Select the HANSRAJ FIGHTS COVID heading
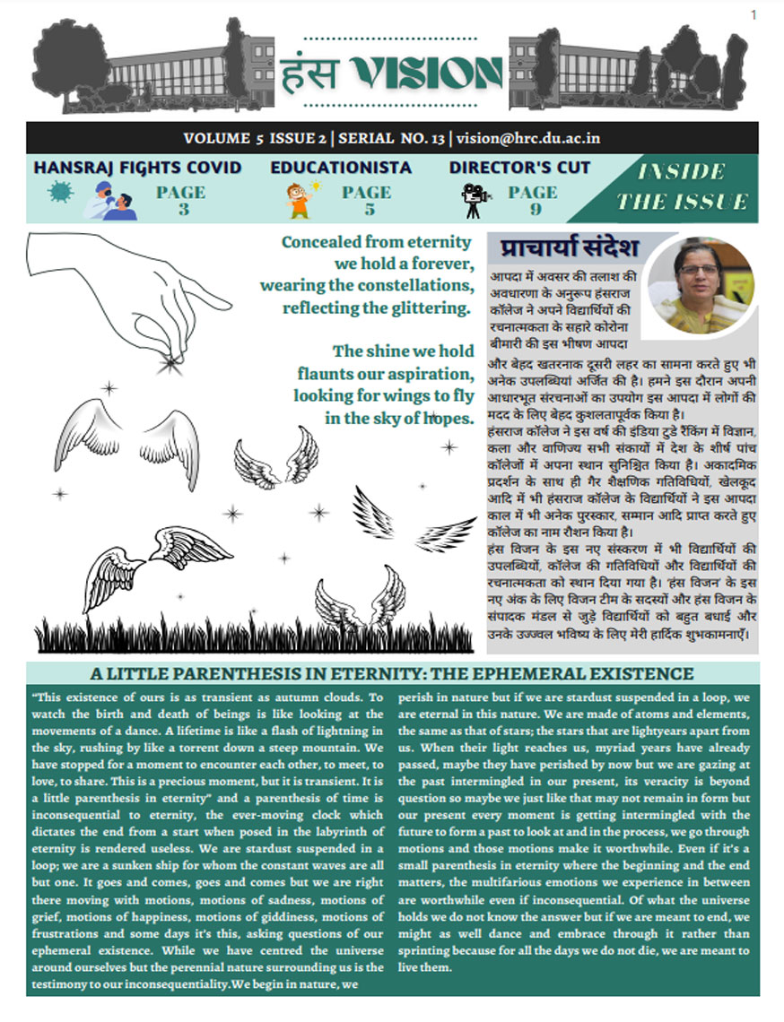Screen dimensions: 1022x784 click(x=137, y=167)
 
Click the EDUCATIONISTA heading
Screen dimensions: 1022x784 click(x=341, y=167)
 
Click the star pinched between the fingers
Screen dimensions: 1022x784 click(x=167, y=362)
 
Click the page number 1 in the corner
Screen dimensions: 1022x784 click(x=754, y=13)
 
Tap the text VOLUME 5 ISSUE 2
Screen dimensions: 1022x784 click(x=255, y=138)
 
